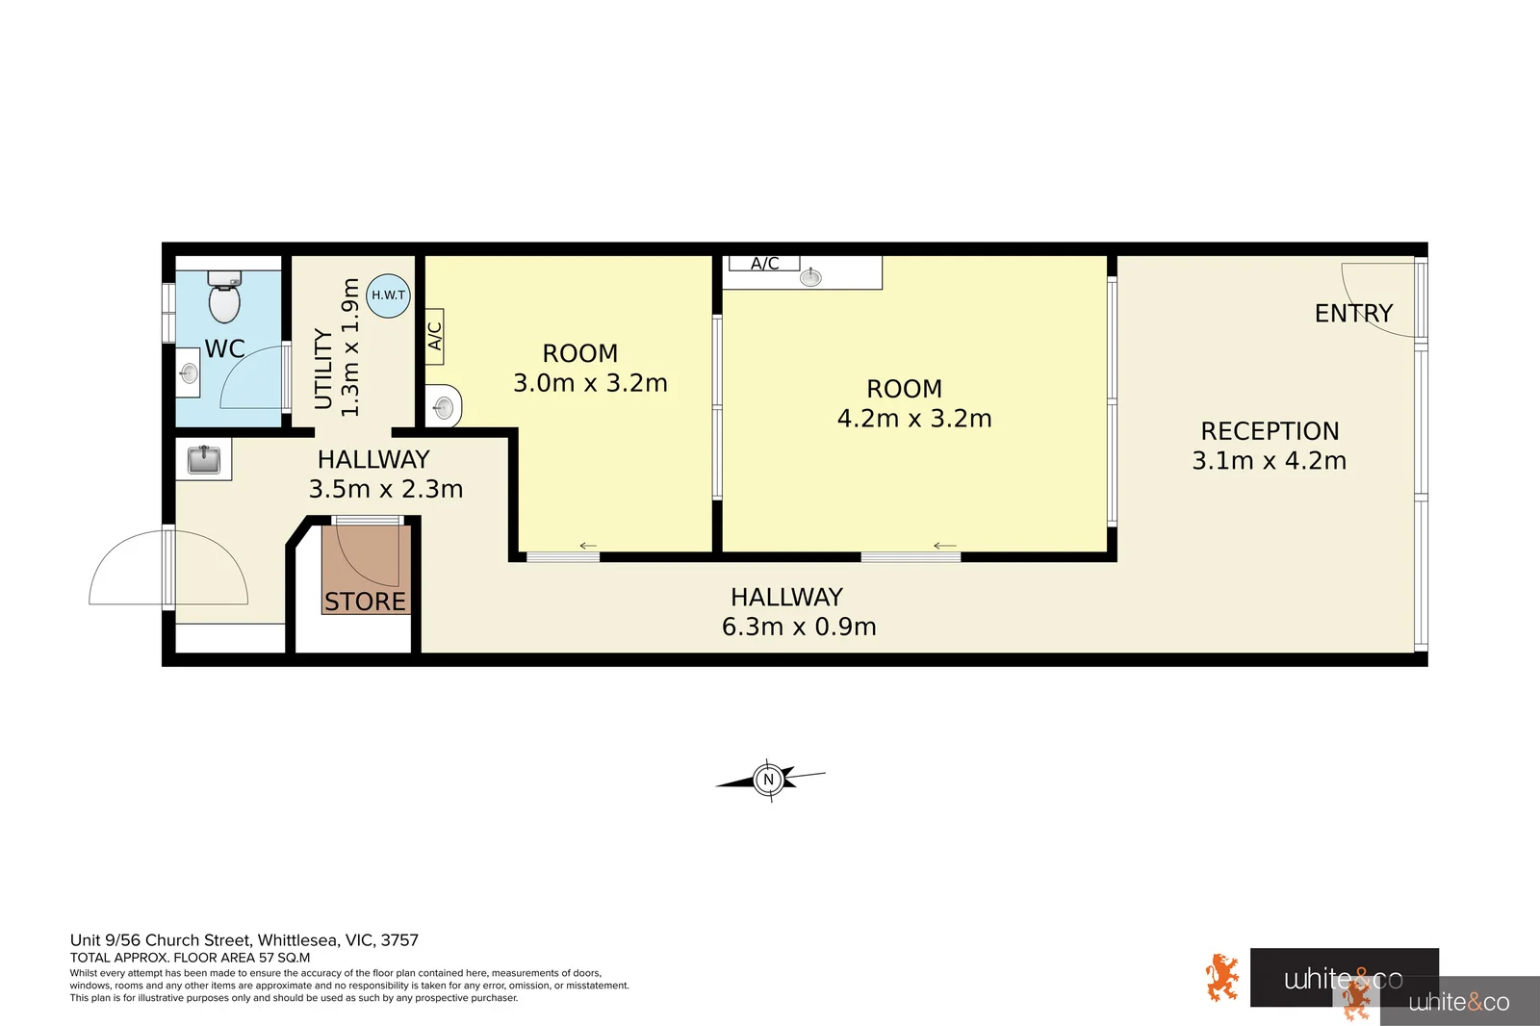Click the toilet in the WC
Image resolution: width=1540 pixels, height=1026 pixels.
pos(224,299)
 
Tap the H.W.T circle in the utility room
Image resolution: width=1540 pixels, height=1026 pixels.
pos(389,295)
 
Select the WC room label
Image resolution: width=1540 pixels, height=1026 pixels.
pos(224,348)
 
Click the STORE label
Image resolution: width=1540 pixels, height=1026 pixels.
pos(365,602)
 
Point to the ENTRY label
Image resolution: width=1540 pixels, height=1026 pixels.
pos(1353,314)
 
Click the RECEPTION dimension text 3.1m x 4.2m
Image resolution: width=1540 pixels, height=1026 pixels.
pos(1269,461)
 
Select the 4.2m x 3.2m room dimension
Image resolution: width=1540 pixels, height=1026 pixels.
pos(914,419)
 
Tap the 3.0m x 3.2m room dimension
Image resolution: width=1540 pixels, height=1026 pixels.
pos(590,383)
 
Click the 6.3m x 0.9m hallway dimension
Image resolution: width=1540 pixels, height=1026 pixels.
pos(799,627)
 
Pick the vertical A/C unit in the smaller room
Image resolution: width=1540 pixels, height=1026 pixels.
pos(434,336)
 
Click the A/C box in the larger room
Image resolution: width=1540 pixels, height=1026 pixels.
pos(764,263)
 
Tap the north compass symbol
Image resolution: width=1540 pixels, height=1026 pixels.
pos(768,780)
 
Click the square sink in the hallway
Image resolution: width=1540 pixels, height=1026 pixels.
pos(203,459)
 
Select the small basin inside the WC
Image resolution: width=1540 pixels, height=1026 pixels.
pos(190,373)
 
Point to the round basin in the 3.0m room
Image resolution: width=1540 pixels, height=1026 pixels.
pos(444,406)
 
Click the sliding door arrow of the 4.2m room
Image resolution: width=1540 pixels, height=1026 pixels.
pos(944,546)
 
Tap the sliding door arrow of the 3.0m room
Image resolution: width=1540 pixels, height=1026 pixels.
pos(588,546)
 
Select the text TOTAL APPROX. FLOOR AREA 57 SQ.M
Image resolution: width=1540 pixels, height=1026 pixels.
pos(190,958)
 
